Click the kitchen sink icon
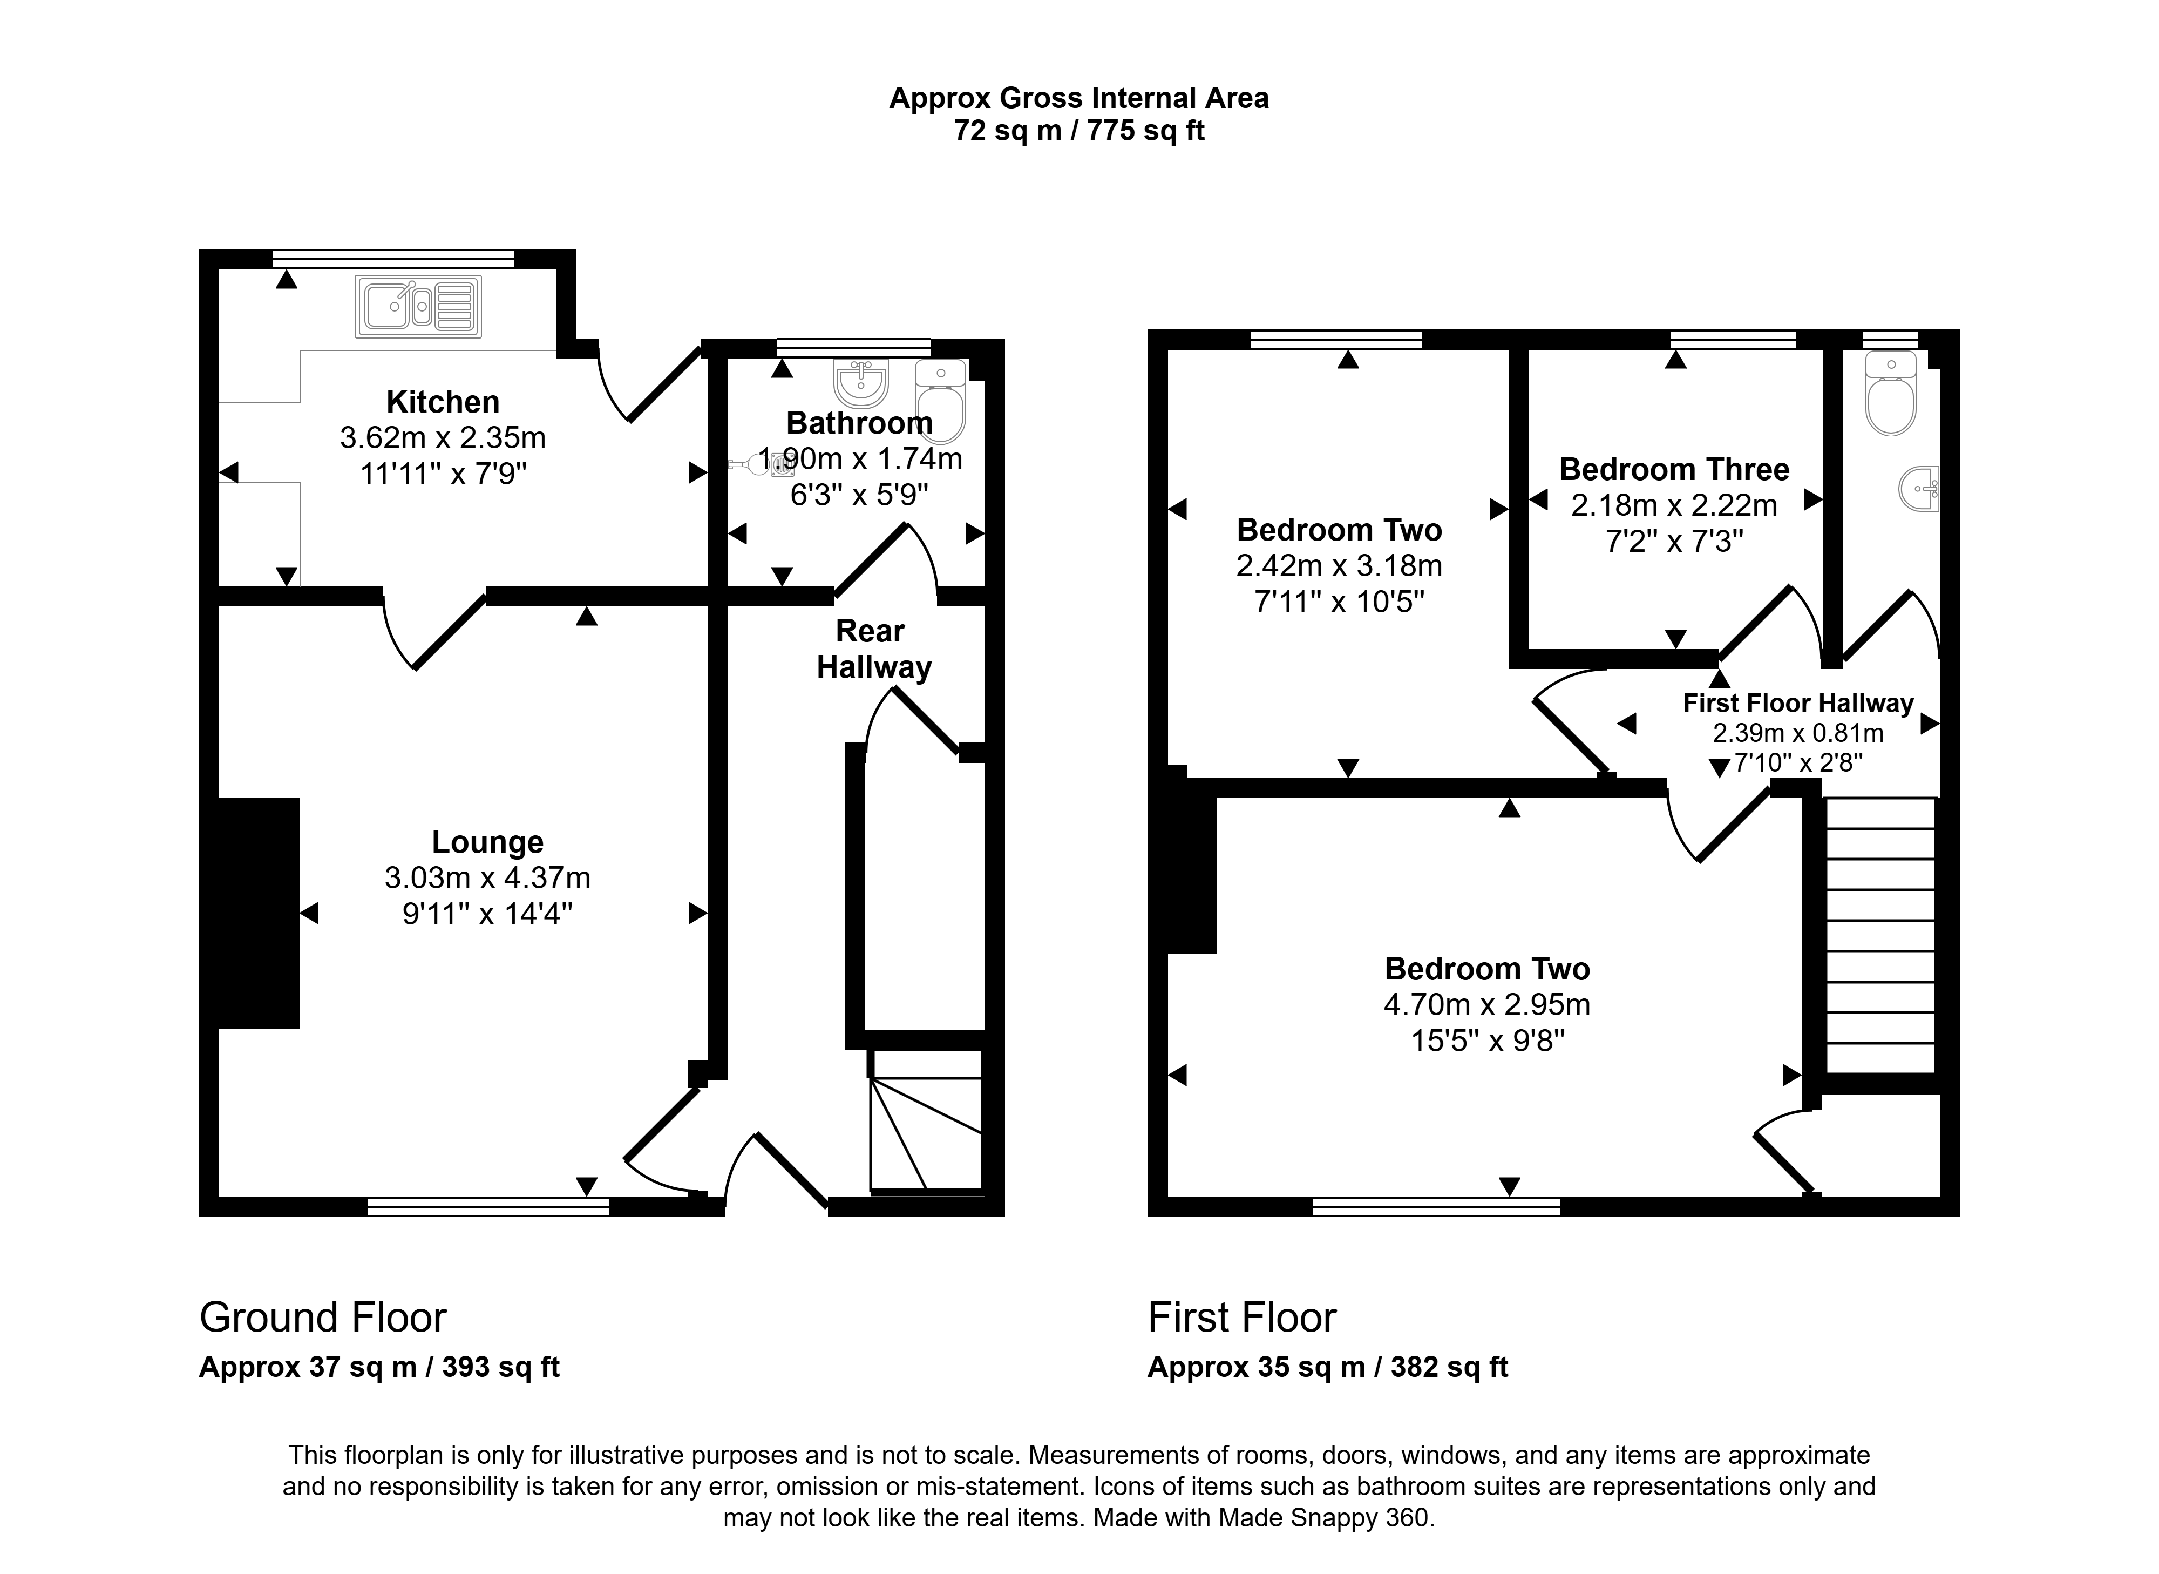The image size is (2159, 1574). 418,307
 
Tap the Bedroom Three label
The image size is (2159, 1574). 1674,470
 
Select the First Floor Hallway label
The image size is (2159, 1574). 1798,703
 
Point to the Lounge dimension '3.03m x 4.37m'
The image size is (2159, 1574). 487,877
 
